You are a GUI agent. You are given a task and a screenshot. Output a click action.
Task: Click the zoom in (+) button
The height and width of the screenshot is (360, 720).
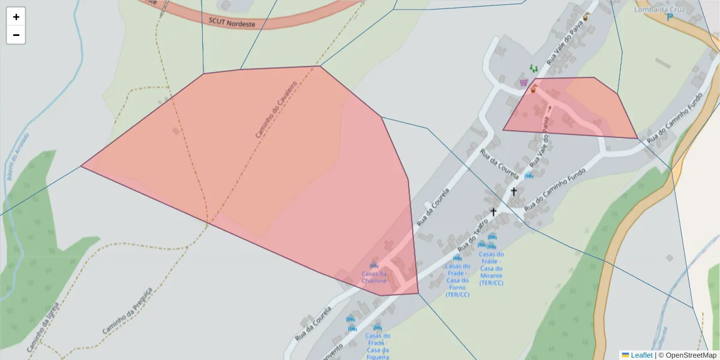(x=16, y=17)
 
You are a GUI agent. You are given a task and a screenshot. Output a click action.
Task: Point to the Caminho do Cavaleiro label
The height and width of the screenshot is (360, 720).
(x=276, y=110)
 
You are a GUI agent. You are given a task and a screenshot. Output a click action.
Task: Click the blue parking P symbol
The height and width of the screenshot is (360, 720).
(x=670, y=17)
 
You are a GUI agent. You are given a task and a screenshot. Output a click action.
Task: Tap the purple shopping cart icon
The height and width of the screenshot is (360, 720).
(x=524, y=82)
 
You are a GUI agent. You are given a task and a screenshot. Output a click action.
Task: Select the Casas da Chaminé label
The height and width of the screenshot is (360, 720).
(x=374, y=277)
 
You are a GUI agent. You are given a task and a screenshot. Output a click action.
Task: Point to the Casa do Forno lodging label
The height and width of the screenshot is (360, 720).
(x=457, y=280)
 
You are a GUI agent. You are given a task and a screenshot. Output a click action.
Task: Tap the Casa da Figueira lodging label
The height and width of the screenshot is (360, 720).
(x=378, y=347)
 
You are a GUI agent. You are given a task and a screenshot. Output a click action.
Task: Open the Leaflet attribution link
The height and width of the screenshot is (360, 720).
(x=641, y=355)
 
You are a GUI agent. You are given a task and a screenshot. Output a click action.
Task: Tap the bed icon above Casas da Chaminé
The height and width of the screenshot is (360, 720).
(x=374, y=265)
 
